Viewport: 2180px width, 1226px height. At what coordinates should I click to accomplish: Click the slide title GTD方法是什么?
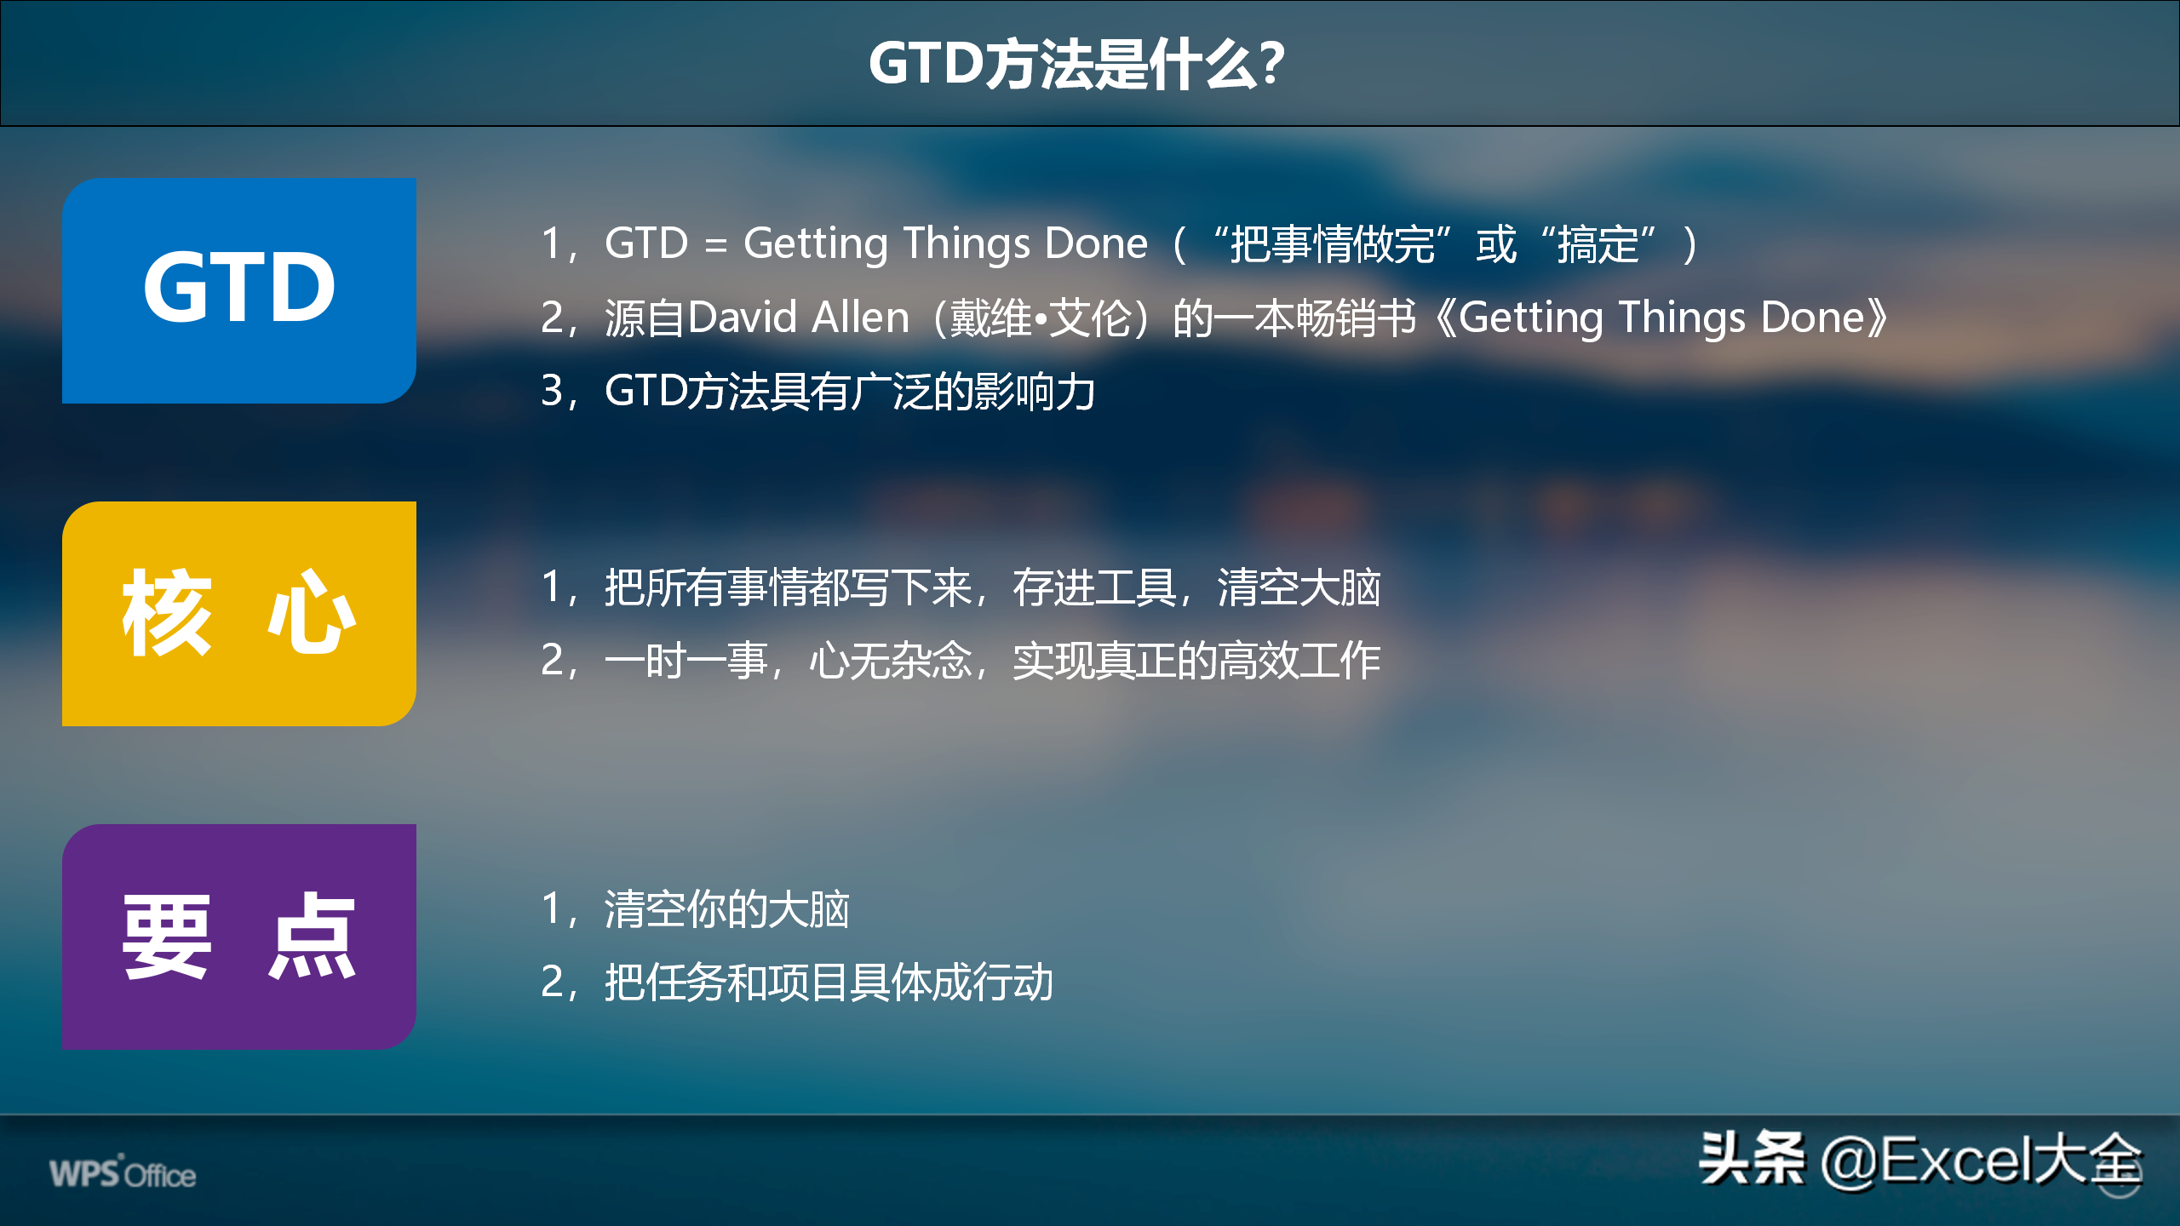tap(1076, 64)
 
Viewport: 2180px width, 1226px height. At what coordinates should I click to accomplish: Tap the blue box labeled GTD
tap(239, 290)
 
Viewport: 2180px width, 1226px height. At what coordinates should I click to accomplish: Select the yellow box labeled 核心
tap(239, 613)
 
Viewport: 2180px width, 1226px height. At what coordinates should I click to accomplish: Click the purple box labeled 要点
tap(239, 937)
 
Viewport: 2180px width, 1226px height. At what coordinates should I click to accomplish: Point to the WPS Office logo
tap(123, 1172)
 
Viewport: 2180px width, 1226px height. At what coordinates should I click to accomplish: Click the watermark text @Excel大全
tap(1981, 1160)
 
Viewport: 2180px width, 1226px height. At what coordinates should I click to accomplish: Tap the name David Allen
tap(799, 318)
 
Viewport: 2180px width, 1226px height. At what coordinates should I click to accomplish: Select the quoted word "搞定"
tap(1598, 244)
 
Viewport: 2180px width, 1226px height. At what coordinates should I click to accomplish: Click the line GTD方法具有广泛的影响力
tap(850, 392)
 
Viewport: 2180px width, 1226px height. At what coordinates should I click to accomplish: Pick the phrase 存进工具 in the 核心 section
tap(1093, 587)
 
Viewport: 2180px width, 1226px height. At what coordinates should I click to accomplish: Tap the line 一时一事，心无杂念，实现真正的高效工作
tap(992, 661)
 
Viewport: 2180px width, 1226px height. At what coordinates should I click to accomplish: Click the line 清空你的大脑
tap(726, 909)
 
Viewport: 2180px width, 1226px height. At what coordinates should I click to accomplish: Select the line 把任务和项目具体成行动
tap(829, 983)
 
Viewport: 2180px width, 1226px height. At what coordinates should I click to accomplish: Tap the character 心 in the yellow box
tap(312, 612)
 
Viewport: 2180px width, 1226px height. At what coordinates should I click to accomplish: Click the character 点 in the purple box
tap(312, 936)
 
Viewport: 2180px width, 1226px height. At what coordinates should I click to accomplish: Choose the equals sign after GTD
tap(715, 246)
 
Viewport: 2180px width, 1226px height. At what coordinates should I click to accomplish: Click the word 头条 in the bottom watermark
tap(1751, 1158)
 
